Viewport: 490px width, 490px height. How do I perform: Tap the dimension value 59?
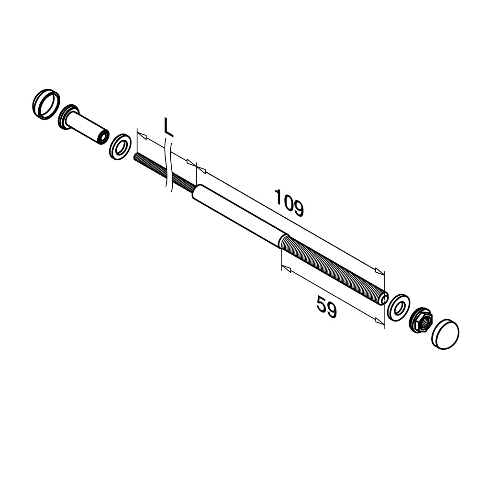click(327, 307)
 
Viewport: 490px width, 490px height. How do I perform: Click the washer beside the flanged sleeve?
click(121, 147)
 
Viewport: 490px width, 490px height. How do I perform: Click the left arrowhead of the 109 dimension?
click(201, 169)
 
